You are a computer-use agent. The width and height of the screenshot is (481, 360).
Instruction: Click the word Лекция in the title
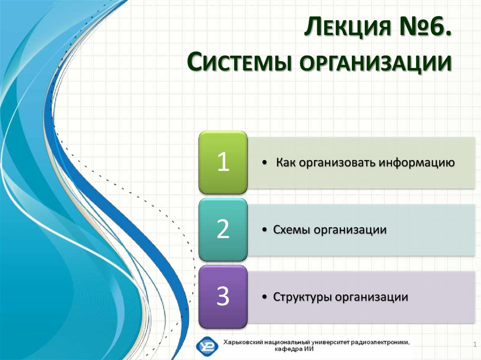(348, 27)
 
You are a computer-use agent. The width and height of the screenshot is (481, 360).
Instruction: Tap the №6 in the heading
(425, 27)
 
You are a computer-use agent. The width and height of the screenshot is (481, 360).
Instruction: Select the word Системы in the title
(239, 62)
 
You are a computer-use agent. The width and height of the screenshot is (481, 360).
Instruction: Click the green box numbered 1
(223, 162)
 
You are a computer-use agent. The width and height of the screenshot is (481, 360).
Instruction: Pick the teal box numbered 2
(223, 230)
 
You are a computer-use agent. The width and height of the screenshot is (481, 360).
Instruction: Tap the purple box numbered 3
(223, 297)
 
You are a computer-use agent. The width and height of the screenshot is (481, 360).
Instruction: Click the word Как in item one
(286, 162)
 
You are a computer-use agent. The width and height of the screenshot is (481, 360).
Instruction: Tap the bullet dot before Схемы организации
(265, 230)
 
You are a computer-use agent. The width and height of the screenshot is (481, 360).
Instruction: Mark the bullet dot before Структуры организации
(265, 297)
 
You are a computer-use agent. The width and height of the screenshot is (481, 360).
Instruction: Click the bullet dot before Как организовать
(265, 163)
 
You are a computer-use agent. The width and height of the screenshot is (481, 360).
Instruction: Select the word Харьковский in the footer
(242, 342)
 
